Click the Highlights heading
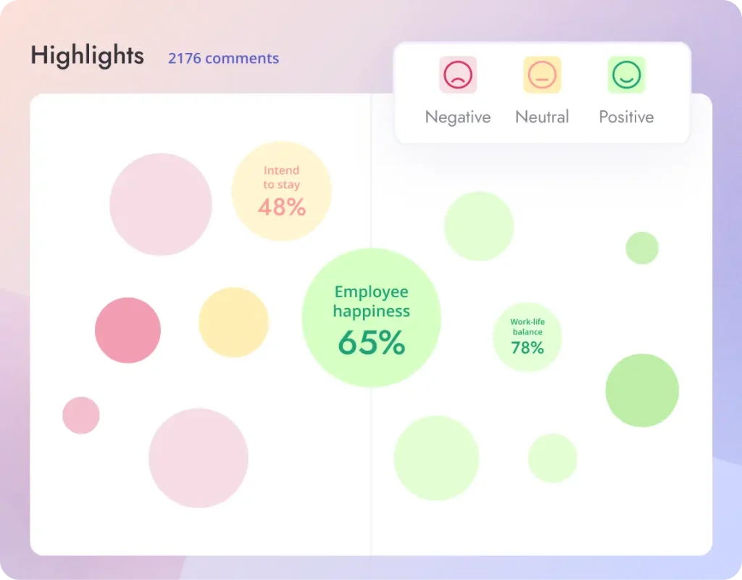87,56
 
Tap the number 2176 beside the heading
184,59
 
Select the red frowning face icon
458,75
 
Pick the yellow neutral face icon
542,75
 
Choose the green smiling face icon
626,75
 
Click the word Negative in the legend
458,117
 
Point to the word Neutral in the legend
542,117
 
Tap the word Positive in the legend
626,117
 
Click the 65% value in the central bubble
371,343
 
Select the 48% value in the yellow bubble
282,207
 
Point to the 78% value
528,348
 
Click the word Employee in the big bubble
371,292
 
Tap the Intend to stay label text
281,178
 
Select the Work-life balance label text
528,327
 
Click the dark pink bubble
128,330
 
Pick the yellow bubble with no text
233,322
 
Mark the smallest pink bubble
81,415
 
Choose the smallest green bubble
642,248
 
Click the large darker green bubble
642,390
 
